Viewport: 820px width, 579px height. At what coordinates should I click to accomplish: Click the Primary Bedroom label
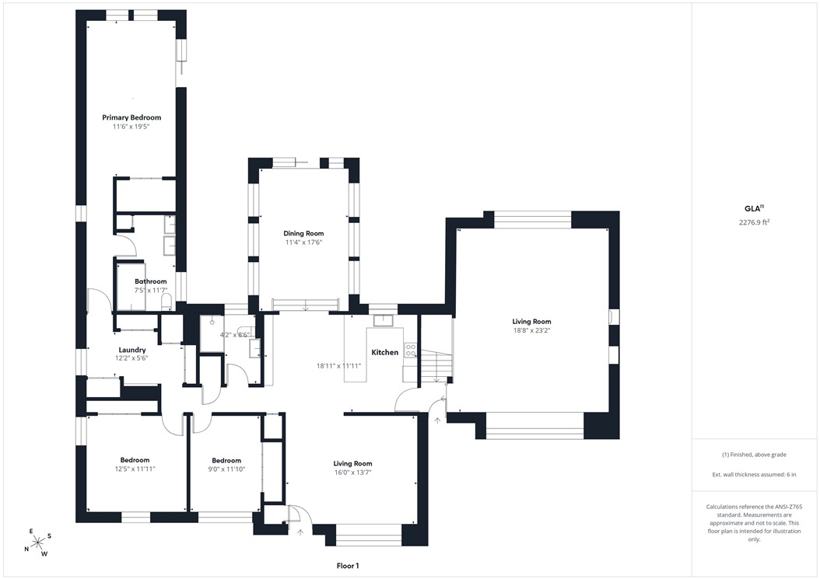click(x=131, y=117)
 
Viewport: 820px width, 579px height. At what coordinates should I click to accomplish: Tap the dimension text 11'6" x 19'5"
click(x=131, y=127)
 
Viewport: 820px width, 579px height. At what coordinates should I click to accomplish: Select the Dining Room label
click(x=303, y=234)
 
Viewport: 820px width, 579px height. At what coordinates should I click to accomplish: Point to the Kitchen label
click(x=385, y=352)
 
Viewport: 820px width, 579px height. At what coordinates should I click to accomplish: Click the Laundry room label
click(x=131, y=350)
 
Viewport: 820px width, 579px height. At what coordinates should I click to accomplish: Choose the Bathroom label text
click(x=151, y=281)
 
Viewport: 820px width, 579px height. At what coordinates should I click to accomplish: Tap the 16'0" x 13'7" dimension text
click(x=353, y=473)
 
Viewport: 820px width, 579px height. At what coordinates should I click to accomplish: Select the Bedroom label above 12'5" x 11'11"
click(x=135, y=460)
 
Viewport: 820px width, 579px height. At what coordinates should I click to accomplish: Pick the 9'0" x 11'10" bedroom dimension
click(x=226, y=469)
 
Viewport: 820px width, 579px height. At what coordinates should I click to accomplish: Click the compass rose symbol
click(x=37, y=543)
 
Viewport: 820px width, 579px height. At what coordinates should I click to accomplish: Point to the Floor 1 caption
click(x=348, y=566)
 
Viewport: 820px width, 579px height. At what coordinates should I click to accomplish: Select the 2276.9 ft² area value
click(x=754, y=222)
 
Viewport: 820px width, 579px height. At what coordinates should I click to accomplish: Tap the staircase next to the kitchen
click(x=436, y=366)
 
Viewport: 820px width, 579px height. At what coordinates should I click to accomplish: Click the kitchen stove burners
click(x=411, y=350)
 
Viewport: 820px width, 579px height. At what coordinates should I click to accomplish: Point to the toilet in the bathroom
click(x=166, y=302)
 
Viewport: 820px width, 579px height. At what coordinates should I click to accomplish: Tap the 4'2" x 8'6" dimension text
click(x=235, y=335)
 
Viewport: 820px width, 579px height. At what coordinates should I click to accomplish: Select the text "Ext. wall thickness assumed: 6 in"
click(x=754, y=475)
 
